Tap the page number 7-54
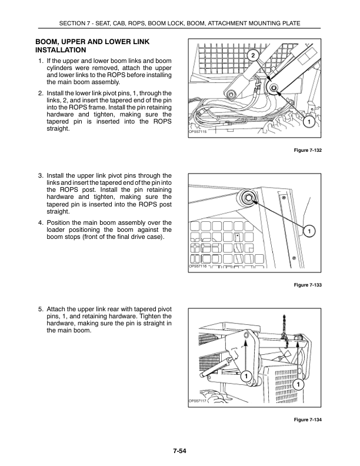click(x=179, y=451)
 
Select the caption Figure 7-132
click(x=308, y=151)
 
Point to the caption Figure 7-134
click(x=308, y=419)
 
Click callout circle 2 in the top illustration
click(x=252, y=56)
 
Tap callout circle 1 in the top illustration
click(x=308, y=121)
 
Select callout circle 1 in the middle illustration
click(x=308, y=231)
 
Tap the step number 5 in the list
click(x=41, y=308)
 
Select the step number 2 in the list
click(x=41, y=93)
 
